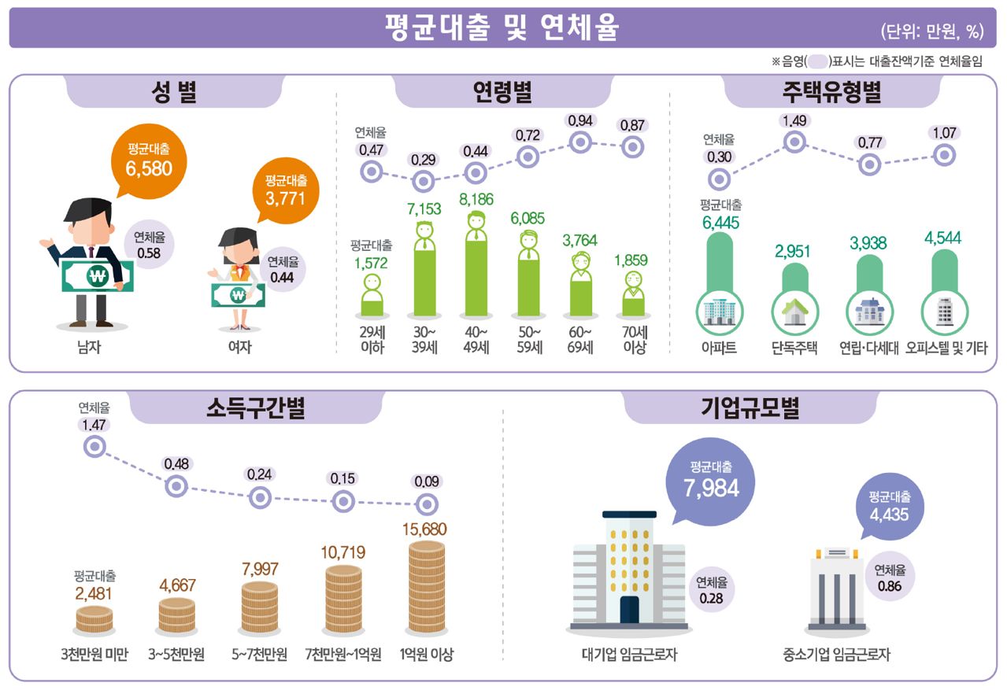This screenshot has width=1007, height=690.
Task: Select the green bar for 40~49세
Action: (x=476, y=271)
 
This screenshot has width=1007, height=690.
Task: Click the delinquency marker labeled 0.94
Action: (x=580, y=142)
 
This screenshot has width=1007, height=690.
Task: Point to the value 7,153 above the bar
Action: (x=424, y=209)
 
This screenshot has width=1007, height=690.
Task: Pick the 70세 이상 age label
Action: (x=634, y=340)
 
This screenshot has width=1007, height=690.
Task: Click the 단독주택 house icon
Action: (x=794, y=312)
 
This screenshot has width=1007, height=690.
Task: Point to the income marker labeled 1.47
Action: (x=94, y=447)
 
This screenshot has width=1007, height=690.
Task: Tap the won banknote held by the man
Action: (x=98, y=275)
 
